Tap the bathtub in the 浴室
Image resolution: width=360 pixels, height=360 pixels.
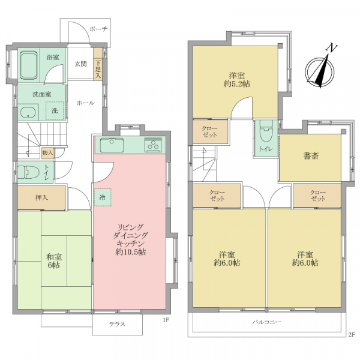29,65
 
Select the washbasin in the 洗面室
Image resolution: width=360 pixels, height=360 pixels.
28,113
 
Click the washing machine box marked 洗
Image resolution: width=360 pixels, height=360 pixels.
55,110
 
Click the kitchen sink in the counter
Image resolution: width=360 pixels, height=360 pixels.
112,145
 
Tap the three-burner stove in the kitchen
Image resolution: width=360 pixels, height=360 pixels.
152,145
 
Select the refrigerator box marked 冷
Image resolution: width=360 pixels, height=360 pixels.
103,197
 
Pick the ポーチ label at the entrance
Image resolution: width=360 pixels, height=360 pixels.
98,29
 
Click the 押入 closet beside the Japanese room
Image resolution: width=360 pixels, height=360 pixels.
41,197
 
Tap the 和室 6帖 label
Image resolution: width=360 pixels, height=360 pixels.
54,261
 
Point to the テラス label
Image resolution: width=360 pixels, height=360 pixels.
117,324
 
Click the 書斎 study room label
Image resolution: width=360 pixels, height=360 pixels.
311,156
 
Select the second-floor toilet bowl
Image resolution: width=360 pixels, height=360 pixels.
266,131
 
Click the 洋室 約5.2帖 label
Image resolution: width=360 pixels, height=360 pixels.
237,80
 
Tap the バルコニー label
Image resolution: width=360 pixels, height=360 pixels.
267,322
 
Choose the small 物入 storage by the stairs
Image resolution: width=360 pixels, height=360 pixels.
47,152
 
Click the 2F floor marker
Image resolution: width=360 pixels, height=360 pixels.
352,335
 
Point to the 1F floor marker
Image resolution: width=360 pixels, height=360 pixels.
166,320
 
